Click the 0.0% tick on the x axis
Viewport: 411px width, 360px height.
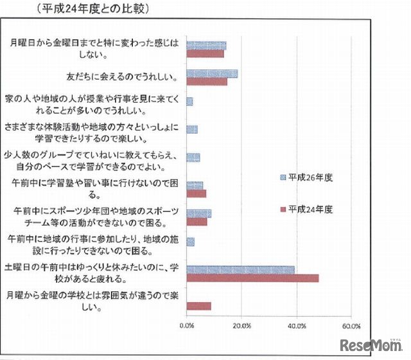[187, 325]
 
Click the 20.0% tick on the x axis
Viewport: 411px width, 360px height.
[241, 325]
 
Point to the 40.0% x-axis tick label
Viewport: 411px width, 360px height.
[297, 325]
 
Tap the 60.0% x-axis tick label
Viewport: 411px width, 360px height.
[351, 325]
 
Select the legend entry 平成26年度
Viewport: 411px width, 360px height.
[309, 177]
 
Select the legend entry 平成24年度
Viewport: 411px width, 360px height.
[309, 209]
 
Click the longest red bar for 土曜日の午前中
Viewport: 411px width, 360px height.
[252, 278]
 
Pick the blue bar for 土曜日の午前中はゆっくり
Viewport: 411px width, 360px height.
[240, 270]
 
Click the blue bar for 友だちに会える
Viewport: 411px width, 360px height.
[212, 74]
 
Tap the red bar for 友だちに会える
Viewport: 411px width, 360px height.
[207, 82]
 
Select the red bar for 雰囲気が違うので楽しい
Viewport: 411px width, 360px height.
[198, 306]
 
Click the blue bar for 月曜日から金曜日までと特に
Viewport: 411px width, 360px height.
[206, 46]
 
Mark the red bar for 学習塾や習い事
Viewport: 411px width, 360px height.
[196, 194]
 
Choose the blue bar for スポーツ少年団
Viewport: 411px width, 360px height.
[198, 213]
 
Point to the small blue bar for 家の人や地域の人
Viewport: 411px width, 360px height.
[189, 102]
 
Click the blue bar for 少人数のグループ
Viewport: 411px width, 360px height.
[193, 157]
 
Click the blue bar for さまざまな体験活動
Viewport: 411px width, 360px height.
[191, 129]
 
